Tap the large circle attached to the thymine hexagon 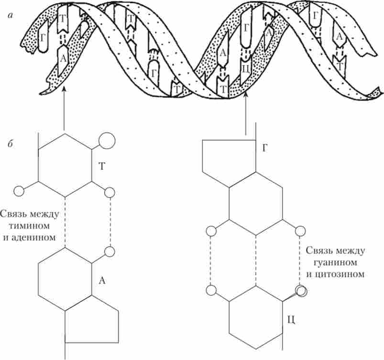click(x=107, y=140)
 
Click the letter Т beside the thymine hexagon click(x=102, y=166)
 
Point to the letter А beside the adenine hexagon click(x=101, y=281)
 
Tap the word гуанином click(x=334, y=262)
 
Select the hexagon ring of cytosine click(x=256, y=318)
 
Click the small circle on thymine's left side click(x=19, y=191)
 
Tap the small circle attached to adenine click(x=110, y=251)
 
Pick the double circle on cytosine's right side click(x=301, y=290)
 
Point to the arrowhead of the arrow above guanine click(x=246, y=95)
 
